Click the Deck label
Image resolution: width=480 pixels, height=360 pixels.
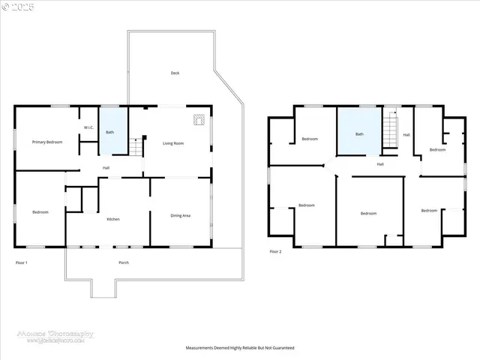coord(175,73)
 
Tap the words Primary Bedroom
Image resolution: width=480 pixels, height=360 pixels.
coord(46,142)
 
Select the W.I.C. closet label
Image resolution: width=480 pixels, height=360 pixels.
coord(88,127)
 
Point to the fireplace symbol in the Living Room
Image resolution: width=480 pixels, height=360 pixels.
coord(199,118)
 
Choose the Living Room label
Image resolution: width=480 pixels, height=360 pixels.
coord(174,142)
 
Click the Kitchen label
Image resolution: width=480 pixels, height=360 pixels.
coord(113,219)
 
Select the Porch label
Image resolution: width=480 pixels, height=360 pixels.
coord(124,262)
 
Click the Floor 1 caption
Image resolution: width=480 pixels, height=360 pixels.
coord(22,262)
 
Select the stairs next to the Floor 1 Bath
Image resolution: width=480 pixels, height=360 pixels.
coord(136,147)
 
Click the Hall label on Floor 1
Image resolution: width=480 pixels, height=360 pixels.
coord(106,167)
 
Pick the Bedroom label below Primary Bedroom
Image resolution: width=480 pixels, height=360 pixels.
coord(40,212)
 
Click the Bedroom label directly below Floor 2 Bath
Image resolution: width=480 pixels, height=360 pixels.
coord(368,213)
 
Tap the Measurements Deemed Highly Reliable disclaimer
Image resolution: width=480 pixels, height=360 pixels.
coord(240,348)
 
